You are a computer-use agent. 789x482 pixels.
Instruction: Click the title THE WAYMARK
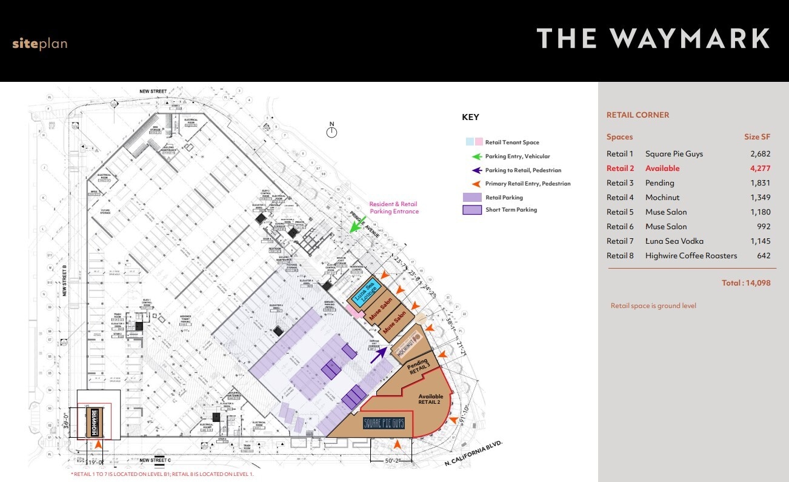[653, 39]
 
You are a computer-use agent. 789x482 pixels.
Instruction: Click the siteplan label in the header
[39, 44]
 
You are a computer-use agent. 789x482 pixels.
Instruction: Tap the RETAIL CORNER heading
[638, 115]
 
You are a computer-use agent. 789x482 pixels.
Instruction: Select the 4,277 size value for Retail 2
[758, 169]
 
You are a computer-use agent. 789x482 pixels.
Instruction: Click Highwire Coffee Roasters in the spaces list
[691, 256]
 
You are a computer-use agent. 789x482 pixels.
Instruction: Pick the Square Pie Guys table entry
[674, 154]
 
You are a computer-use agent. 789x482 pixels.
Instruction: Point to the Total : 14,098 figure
[746, 283]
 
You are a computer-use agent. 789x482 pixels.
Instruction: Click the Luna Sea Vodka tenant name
[674, 241]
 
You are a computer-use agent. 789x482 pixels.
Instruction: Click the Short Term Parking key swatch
[471, 210]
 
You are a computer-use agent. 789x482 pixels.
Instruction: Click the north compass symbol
[331, 132]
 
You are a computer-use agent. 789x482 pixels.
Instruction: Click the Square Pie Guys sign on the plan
[384, 423]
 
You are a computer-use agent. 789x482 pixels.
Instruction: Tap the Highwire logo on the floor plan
[95, 422]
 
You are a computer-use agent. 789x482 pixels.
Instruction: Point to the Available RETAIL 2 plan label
[431, 400]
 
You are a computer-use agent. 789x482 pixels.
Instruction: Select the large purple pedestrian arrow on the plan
[381, 354]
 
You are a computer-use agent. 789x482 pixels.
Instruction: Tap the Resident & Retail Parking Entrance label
[394, 208]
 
